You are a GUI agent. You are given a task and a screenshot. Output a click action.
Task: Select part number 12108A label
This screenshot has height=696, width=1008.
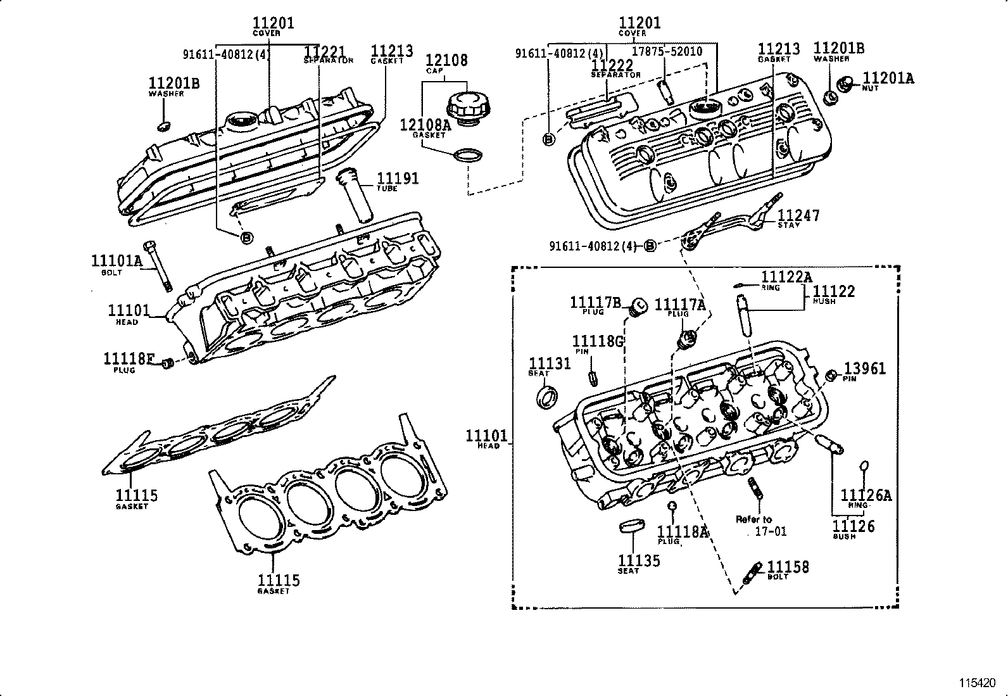click(x=424, y=125)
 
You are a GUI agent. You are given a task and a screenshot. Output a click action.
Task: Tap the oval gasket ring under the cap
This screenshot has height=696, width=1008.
click(x=468, y=155)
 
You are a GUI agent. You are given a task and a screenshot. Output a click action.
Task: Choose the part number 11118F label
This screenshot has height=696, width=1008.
click(x=129, y=359)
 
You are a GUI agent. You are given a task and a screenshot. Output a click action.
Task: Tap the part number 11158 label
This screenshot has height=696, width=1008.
click(x=788, y=567)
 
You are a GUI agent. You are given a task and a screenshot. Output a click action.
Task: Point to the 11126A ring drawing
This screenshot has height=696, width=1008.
click(x=863, y=467)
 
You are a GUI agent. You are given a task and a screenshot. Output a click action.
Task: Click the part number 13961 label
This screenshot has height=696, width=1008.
click(x=865, y=369)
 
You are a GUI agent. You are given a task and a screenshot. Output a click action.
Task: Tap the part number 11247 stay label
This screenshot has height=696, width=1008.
click(x=798, y=216)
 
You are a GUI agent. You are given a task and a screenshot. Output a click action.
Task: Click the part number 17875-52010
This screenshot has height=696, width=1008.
click(x=667, y=51)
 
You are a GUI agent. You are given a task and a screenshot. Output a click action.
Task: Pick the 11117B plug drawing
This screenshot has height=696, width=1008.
click(x=639, y=307)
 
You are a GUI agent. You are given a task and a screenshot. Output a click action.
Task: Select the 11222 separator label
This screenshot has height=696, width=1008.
click(x=612, y=65)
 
